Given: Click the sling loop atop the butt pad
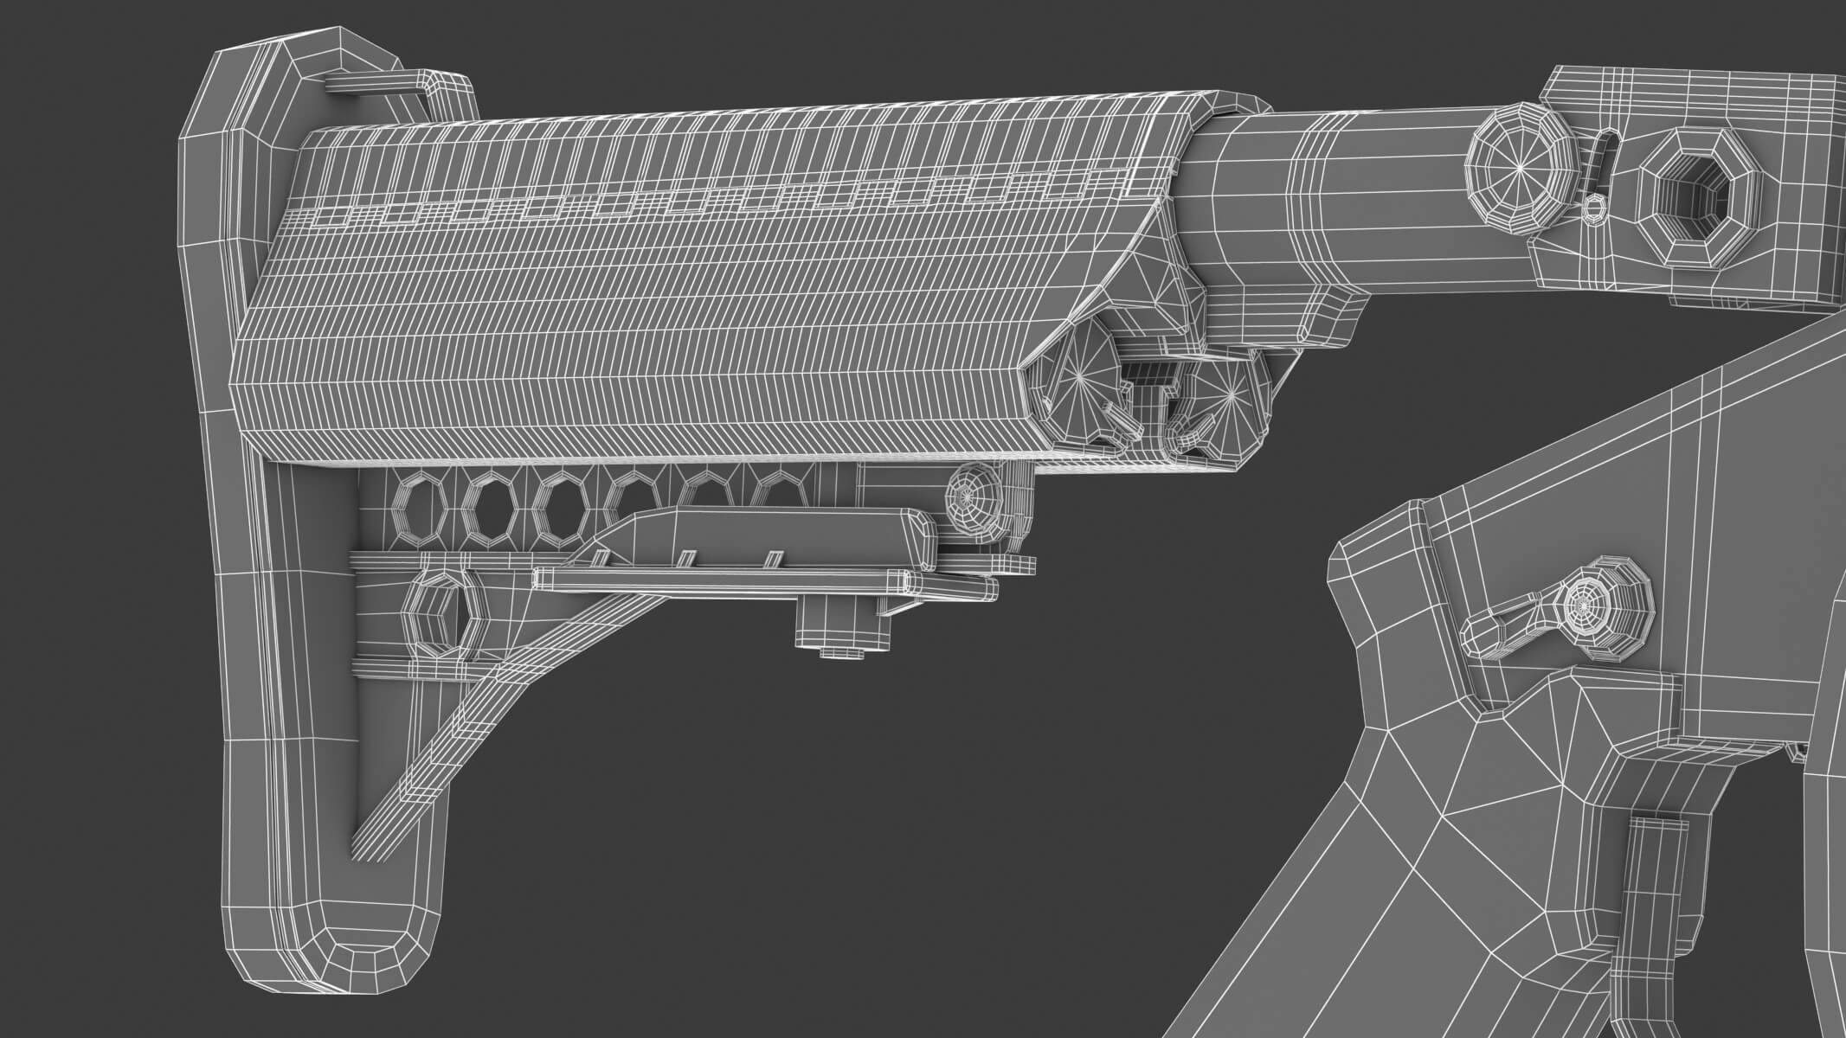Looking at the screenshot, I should tap(394, 82).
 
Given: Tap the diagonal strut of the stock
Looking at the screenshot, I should tap(485, 709).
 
